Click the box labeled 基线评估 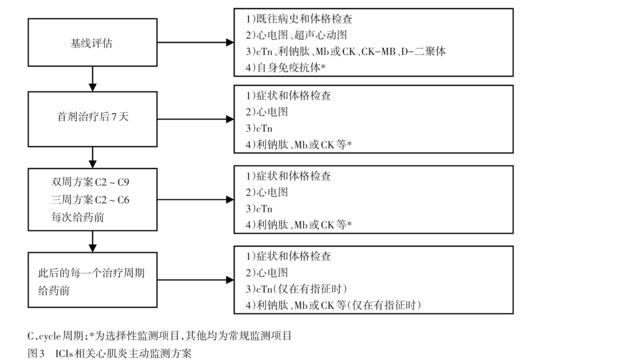[x=93, y=43]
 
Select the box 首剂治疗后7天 [x=93, y=117]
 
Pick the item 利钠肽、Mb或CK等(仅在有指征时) [x=334, y=305]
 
